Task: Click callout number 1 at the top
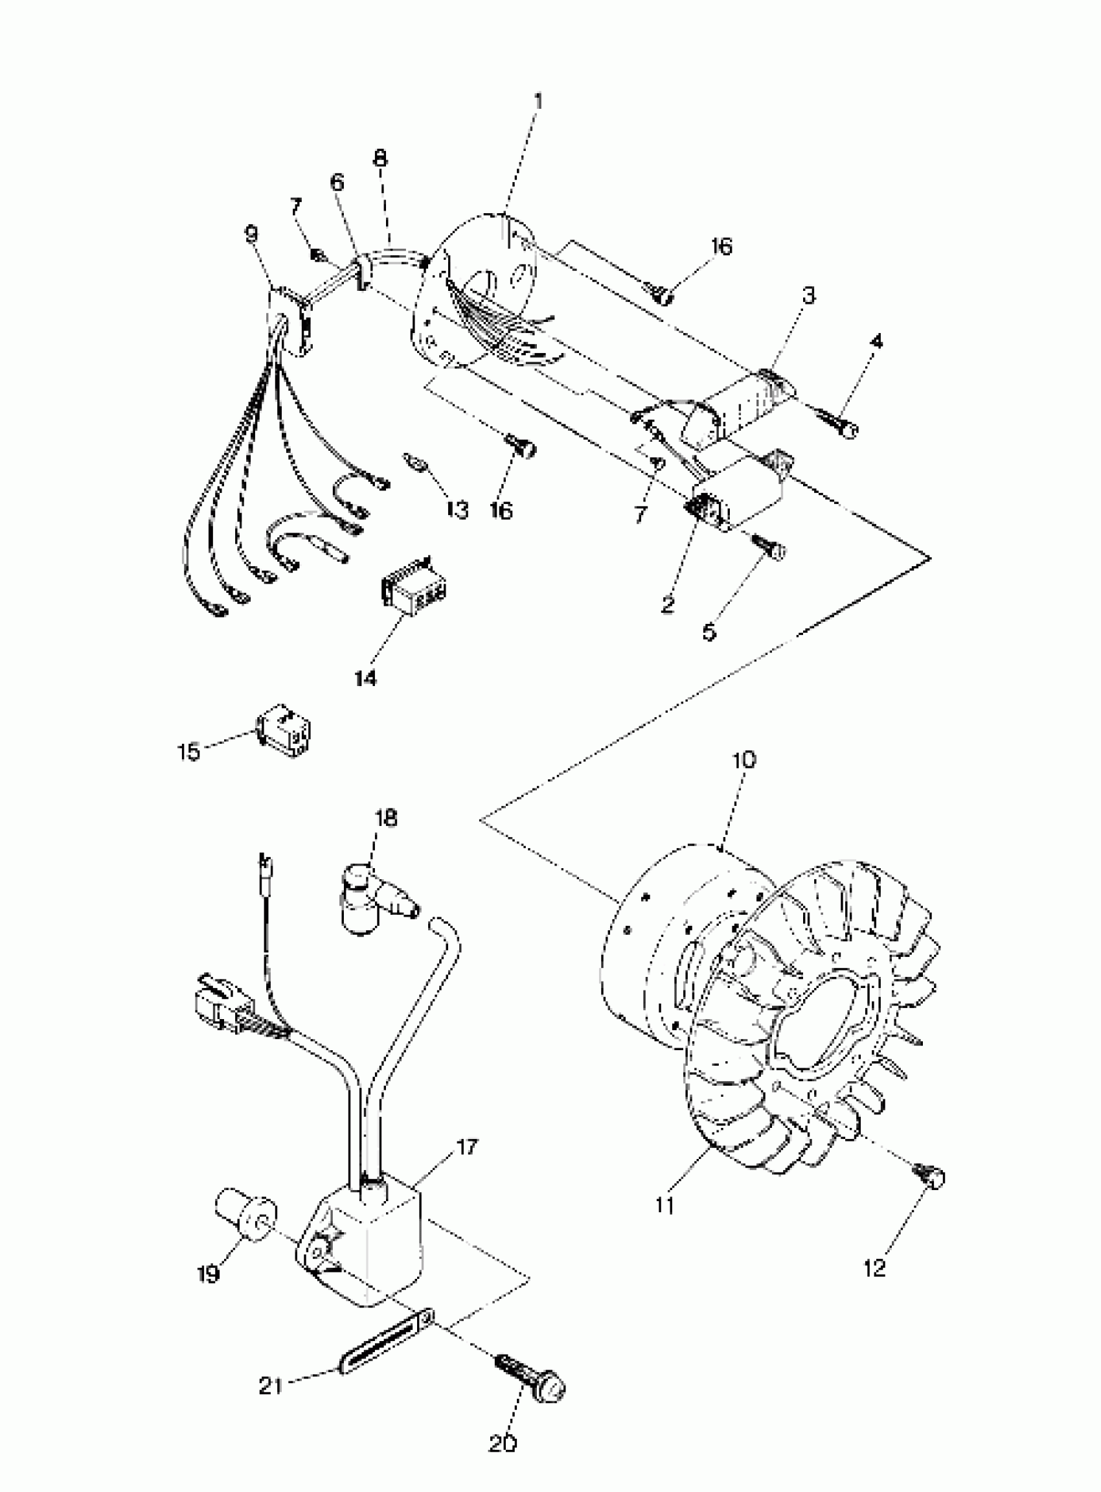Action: tap(538, 101)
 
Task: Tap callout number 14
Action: tap(365, 678)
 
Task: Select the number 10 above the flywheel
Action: tap(743, 759)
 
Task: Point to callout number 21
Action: tap(271, 1386)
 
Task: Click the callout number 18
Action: tap(386, 818)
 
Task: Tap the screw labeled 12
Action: tap(930, 1176)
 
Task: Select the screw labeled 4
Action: tap(840, 425)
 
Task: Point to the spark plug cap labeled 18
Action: tap(373, 897)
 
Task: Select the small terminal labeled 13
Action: tap(414, 462)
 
